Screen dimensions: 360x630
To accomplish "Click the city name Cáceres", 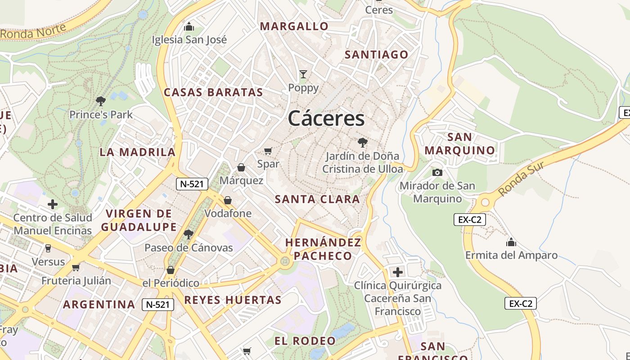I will [x=326, y=119].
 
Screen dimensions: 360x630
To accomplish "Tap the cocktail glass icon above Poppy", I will [x=303, y=74].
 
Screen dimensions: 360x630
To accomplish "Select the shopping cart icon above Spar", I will [x=268, y=151].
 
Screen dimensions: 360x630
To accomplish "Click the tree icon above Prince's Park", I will [x=101, y=101].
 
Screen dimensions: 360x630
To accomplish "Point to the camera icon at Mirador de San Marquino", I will [x=437, y=172].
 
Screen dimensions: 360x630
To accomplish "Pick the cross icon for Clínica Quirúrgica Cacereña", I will [x=398, y=272].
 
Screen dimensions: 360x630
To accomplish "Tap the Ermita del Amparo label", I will [x=511, y=255].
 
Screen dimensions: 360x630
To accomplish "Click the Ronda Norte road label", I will [x=33, y=31].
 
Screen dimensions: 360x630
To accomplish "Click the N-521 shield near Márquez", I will [x=192, y=184].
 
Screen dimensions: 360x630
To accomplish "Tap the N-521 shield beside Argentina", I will [x=158, y=305].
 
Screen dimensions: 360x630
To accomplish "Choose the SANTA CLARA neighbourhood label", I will [x=317, y=199].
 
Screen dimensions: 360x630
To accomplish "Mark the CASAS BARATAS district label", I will [x=213, y=93].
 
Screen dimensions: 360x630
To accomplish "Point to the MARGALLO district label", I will [x=294, y=27].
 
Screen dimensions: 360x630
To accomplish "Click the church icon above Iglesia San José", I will [x=189, y=27].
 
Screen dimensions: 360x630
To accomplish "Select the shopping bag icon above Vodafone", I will [x=228, y=200].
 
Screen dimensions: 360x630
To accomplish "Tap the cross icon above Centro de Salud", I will [x=53, y=205].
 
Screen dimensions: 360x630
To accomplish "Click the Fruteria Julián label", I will [x=76, y=281].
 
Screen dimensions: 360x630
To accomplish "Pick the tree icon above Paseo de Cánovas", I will [x=189, y=234].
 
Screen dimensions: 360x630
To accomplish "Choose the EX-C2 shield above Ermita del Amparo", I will [x=469, y=220].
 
